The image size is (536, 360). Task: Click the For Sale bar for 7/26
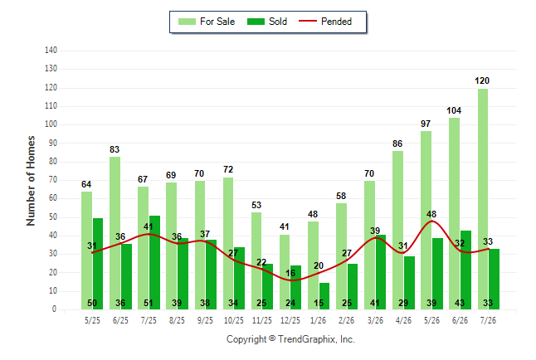483,199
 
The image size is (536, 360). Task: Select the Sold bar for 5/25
98,264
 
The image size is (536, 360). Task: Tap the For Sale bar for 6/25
115,233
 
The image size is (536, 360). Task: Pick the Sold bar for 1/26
324,296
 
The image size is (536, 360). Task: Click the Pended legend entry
325,22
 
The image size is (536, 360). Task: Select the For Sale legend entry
207,22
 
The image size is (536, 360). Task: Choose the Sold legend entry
267,22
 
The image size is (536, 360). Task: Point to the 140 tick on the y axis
51,51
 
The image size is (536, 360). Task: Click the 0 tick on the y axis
54,309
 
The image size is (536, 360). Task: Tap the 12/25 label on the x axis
290,320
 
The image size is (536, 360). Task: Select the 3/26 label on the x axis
375,320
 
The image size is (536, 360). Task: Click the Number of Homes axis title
31,181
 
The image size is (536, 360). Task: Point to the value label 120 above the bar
482,80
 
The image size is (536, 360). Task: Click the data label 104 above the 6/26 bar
454,110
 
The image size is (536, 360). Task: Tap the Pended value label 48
431,214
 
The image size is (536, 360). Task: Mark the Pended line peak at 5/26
431,221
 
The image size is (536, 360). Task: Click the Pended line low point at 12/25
291,280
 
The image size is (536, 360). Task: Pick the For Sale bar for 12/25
285,272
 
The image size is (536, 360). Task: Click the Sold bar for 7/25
154,263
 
